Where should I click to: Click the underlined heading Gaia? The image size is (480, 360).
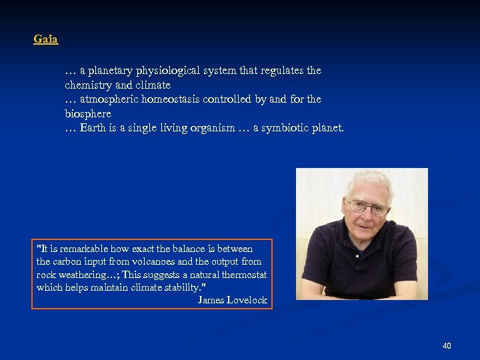(x=46, y=39)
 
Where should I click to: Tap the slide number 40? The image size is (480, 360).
(x=447, y=345)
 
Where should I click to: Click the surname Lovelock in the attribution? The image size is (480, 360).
(x=247, y=300)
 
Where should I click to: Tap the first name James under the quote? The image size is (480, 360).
(x=211, y=300)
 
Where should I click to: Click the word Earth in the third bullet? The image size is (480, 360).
(x=91, y=128)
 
